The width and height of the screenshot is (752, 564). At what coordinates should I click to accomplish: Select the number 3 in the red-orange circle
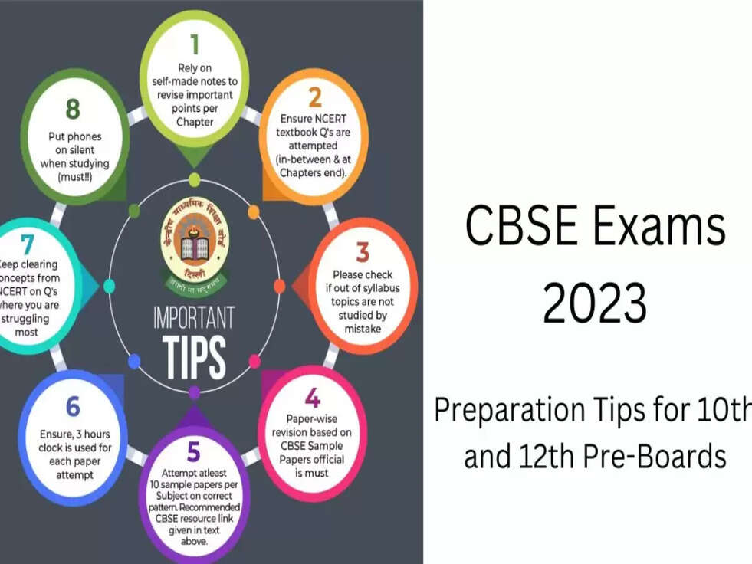(363, 251)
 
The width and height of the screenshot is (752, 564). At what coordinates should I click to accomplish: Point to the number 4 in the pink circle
(312, 398)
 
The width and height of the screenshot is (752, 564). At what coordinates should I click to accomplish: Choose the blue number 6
(73, 407)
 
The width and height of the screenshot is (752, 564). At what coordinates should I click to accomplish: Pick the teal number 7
(28, 244)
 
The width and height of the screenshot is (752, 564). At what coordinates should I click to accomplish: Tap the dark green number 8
(73, 109)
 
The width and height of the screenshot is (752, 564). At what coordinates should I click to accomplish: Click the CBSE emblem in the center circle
(194, 245)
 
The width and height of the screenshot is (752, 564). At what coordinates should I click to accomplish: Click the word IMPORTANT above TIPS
(194, 316)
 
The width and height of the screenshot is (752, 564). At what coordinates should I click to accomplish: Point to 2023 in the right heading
(595, 303)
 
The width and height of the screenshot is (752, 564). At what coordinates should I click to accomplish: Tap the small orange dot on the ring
(254, 212)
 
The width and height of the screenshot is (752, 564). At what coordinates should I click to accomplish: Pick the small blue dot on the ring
(134, 361)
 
